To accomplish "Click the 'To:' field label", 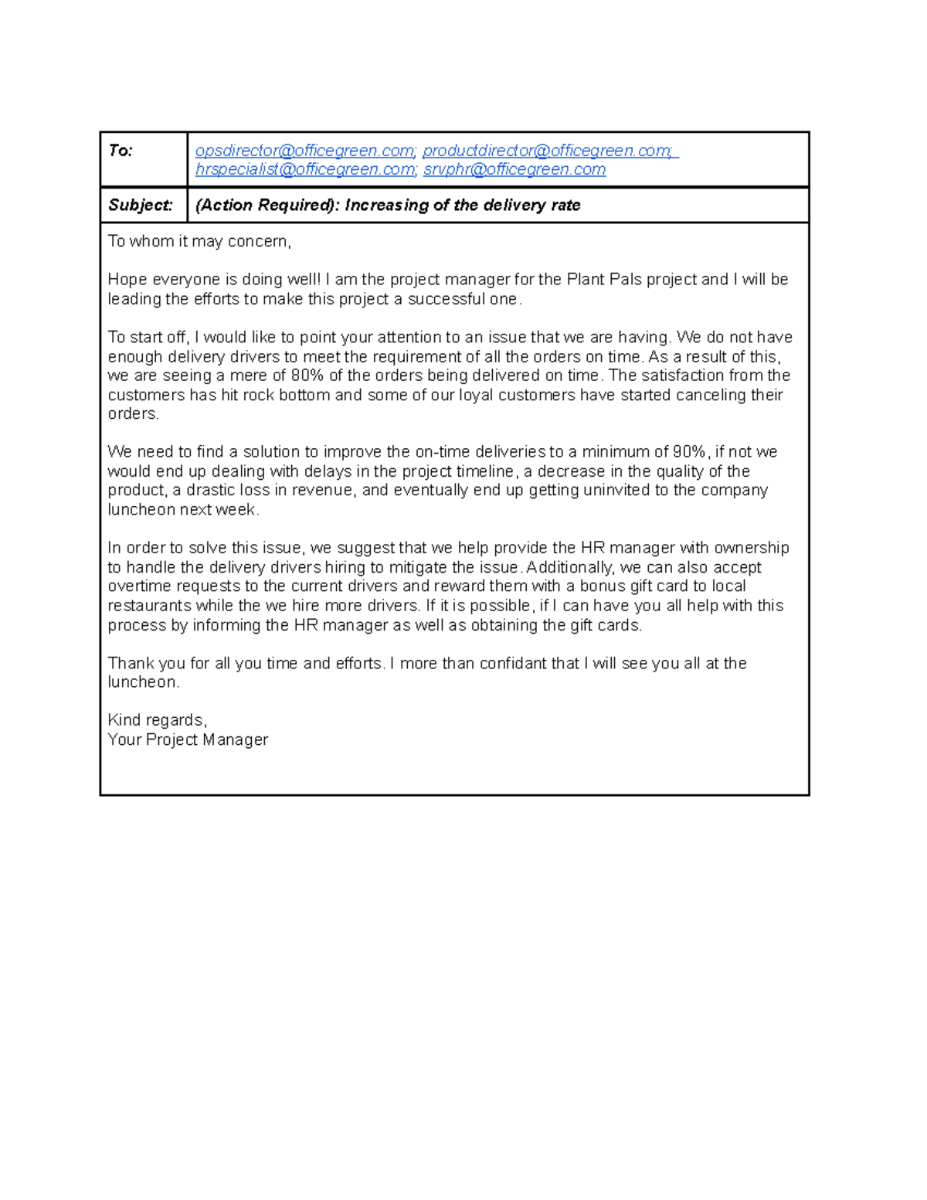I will (x=121, y=151).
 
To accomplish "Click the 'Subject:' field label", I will (x=140, y=206).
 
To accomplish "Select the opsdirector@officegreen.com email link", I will (x=305, y=151).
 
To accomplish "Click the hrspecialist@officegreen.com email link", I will (x=305, y=169).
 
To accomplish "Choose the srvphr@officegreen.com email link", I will (x=514, y=169).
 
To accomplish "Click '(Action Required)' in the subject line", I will (x=267, y=206).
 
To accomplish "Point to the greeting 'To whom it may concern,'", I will (x=199, y=242).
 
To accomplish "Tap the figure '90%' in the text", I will (x=689, y=452).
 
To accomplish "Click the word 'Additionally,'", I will (x=570, y=567).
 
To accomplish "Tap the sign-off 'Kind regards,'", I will (x=158, y=720).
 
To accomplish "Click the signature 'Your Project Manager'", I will (x=188, y=739).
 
